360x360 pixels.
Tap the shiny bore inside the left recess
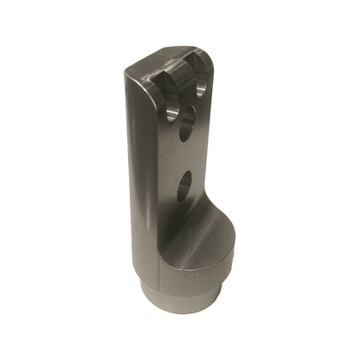tap(172, 112)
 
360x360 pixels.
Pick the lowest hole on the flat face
tap(184, 186)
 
